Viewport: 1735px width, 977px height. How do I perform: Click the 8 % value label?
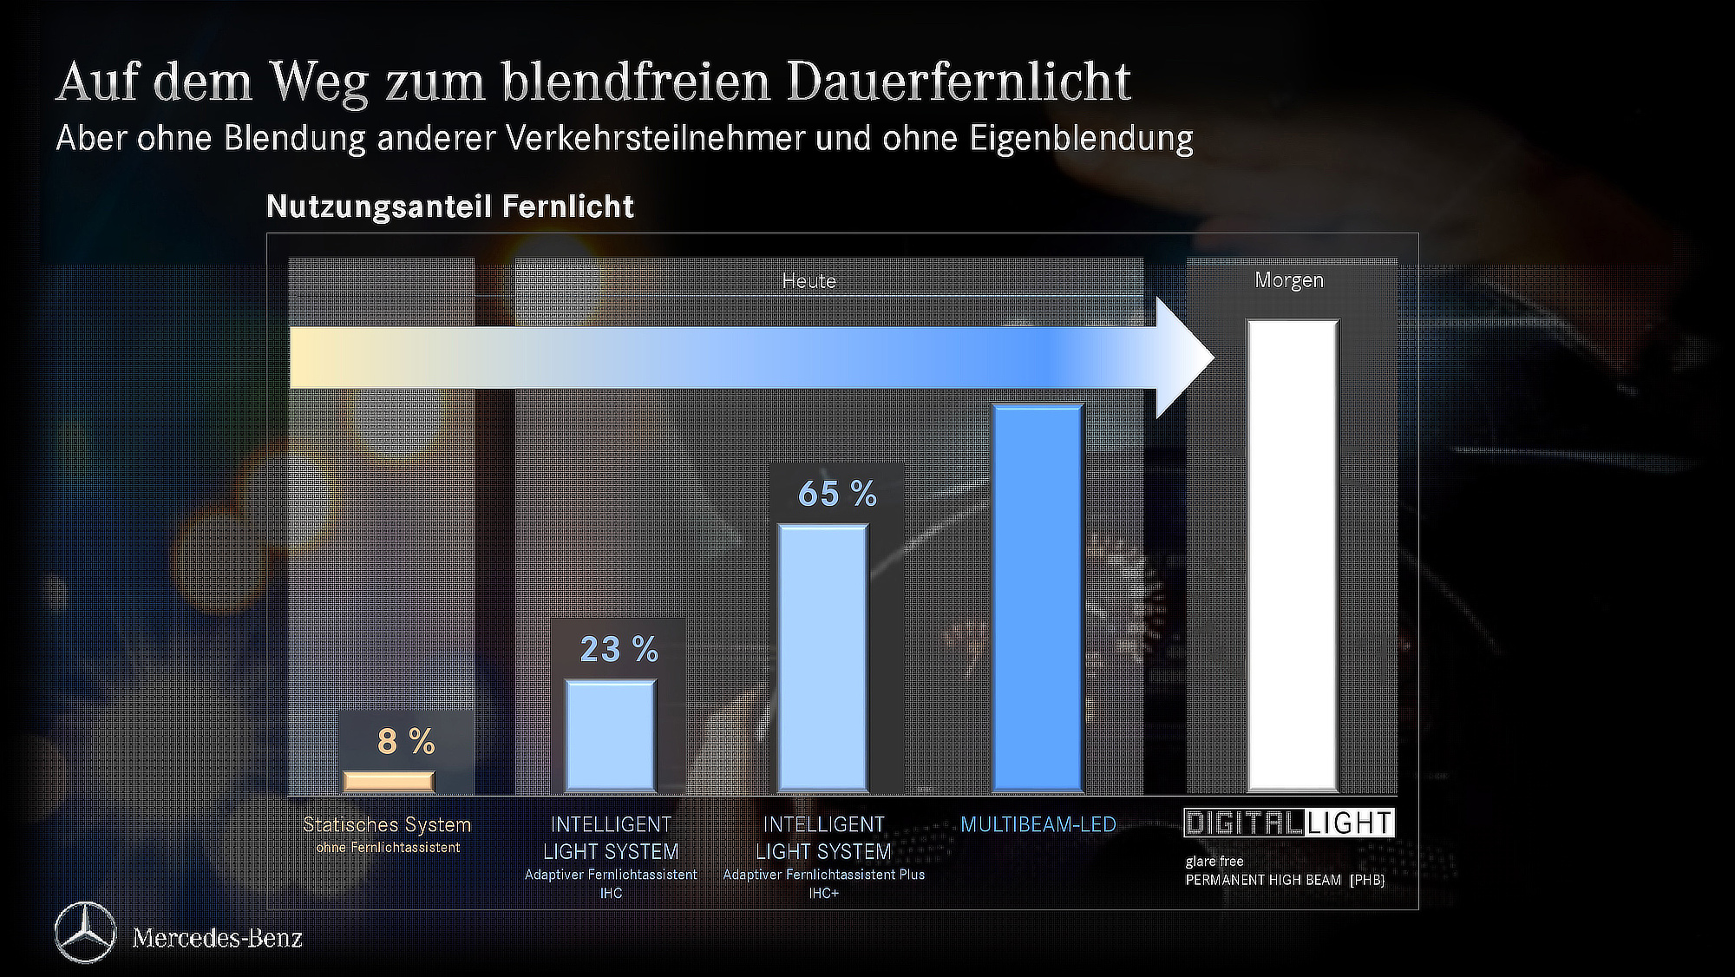406,742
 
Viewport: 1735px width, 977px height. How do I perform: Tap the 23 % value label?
619,649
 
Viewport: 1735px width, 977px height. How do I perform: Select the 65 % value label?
837,494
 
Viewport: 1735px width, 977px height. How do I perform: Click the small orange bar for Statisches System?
389,781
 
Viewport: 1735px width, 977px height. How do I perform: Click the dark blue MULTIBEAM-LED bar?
1038,599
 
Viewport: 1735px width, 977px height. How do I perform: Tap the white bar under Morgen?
1293,555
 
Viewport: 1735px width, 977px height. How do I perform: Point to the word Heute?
809,281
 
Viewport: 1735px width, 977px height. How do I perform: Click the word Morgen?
1289,280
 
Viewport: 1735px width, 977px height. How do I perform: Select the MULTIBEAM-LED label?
1038,824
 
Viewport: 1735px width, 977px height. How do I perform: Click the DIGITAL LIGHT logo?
1289,823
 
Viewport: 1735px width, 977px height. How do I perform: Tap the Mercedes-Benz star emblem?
85,933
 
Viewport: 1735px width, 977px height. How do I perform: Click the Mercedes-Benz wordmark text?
217,938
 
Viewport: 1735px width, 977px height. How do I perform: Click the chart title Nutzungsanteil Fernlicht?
449,207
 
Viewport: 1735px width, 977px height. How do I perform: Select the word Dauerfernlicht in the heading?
959,82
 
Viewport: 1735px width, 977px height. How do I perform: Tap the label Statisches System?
387,824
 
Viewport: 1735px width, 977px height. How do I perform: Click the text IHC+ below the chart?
823,893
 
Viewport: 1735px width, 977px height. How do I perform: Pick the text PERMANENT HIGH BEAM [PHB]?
1285,880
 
